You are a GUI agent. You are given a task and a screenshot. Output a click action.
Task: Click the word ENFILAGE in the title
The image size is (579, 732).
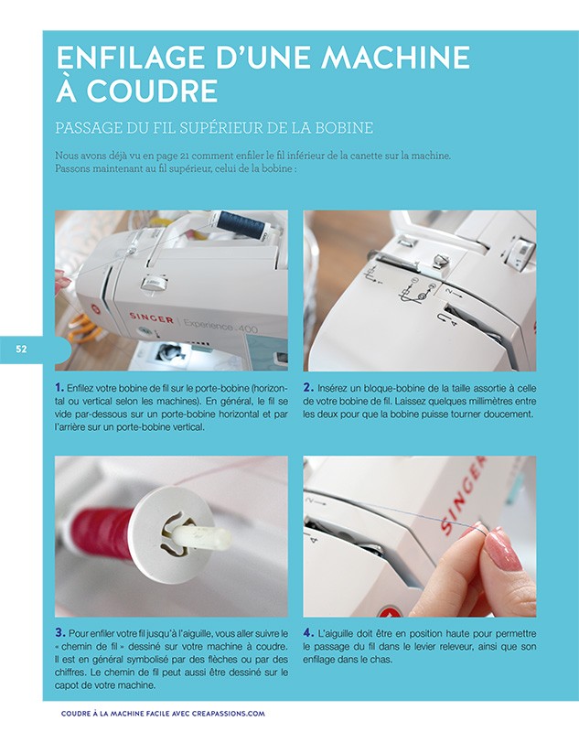127,59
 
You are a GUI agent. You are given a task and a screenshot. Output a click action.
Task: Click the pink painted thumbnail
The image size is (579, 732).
502,550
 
